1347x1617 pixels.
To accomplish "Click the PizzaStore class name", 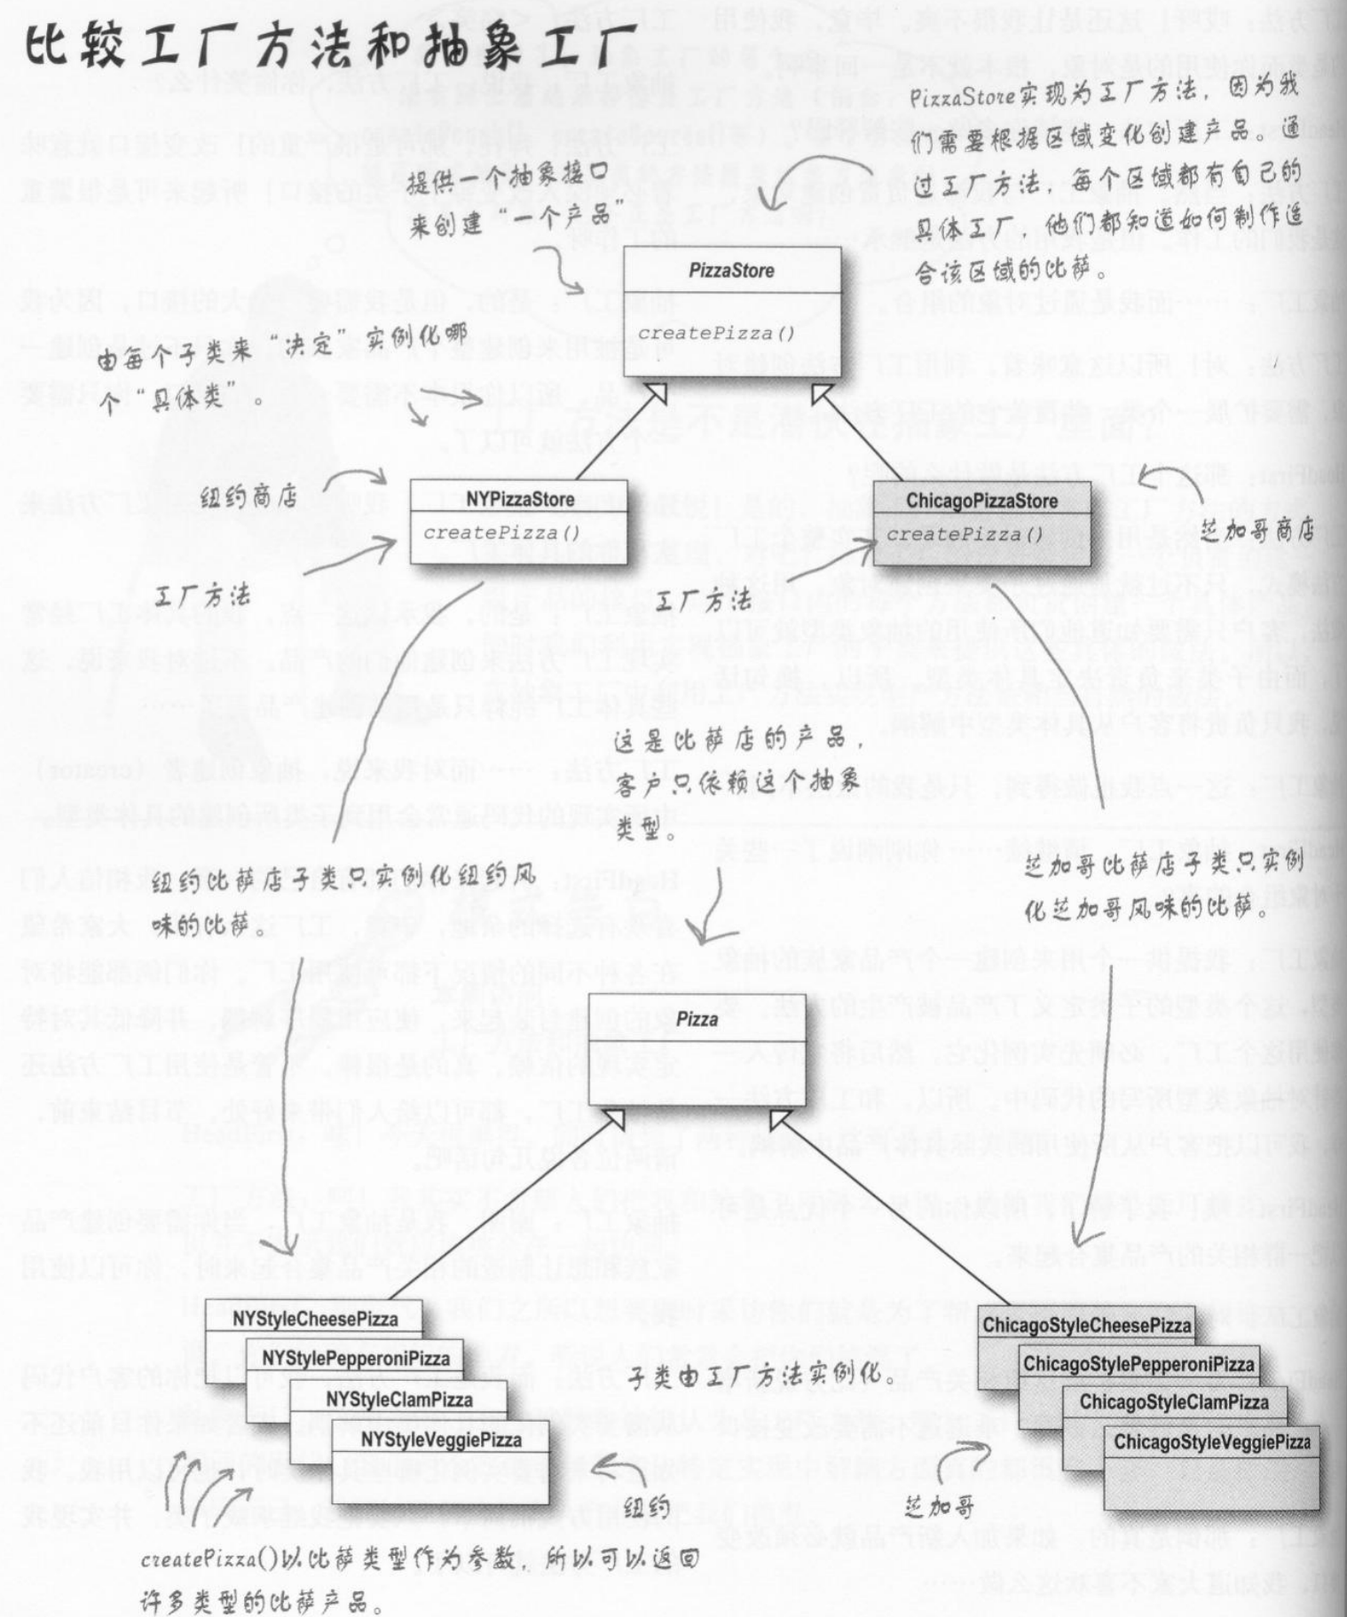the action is [731, 271].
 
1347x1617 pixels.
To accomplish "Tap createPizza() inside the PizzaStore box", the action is [716, 334].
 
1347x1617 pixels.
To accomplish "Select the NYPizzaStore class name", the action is [520, 500].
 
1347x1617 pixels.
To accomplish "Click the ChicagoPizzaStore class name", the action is [981, 501].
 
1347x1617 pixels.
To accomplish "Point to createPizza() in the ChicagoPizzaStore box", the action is [965, 534].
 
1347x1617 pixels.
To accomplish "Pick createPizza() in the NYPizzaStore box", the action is [501, 532].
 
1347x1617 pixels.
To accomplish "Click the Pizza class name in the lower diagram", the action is [697, 1019].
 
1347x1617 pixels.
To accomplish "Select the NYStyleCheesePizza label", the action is [315, 1319].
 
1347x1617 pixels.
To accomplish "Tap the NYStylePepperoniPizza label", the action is [355, 1359].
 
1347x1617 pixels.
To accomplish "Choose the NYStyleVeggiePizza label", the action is [441, 1440].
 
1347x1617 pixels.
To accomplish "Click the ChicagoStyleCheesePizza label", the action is [1086, 1325].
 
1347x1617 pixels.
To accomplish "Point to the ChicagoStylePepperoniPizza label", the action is [1138, 1364].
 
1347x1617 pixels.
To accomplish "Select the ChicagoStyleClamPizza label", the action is [1173, 1402].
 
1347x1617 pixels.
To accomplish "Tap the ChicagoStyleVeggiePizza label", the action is [1212, 1442].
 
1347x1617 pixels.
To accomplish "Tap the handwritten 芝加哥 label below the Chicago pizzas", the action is [941, 1505].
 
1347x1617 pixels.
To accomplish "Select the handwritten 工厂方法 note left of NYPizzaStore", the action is [201, 596].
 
